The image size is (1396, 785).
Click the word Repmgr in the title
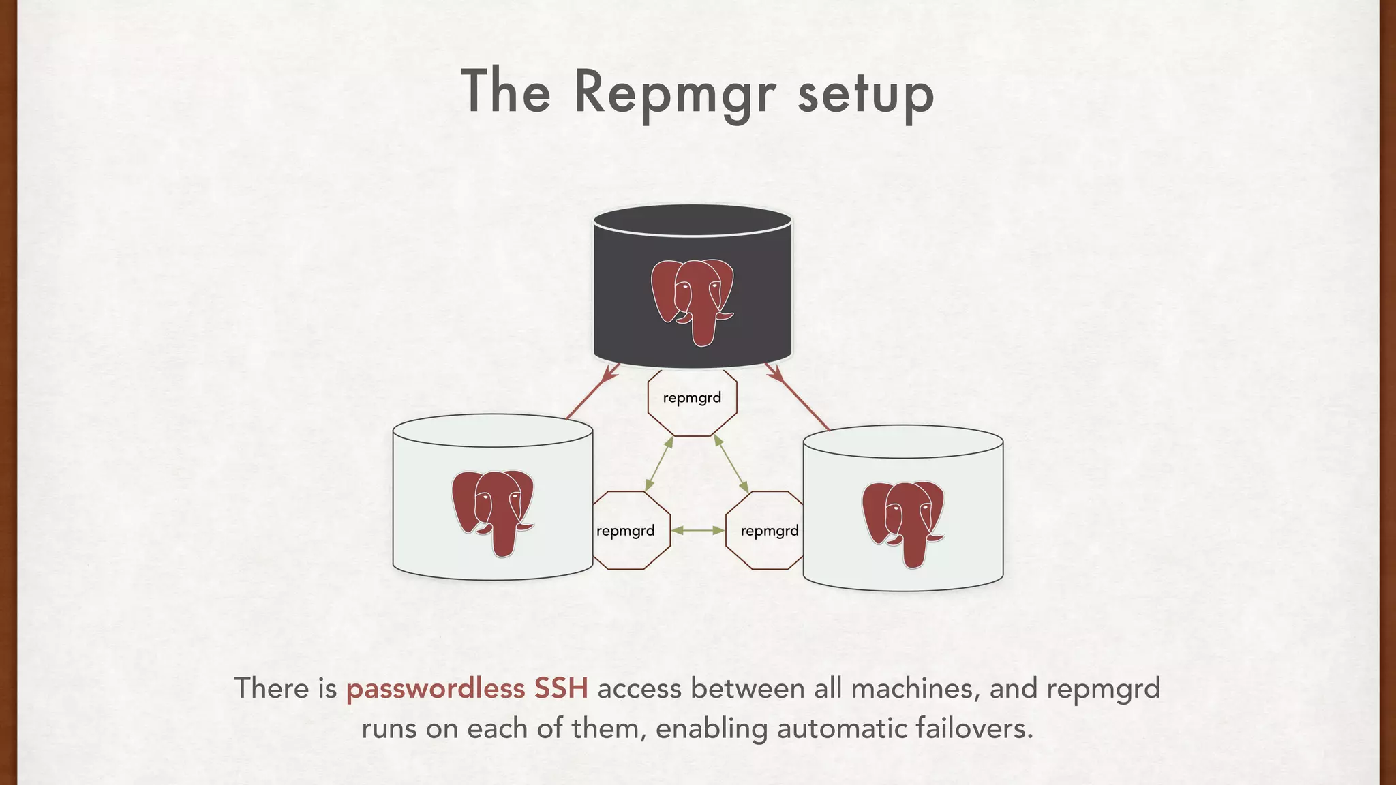click(x=675, y=94)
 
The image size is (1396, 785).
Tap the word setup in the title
click(x=866, y=94)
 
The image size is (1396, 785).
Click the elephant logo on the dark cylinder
click(x=693, y=300)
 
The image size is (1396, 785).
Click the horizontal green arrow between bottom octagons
click(x=697, y=530)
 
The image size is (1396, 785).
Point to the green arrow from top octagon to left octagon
click(x=659, y=464)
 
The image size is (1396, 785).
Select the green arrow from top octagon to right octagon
click(x=731, y=464)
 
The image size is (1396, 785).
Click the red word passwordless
click(x=435, y=688)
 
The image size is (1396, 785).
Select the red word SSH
click(x=560, y=688)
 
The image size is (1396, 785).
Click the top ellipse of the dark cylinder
click(x=693, y=220)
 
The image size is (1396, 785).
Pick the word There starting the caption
click(x=271, y=688)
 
